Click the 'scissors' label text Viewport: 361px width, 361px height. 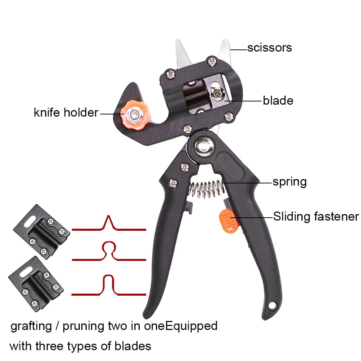269,48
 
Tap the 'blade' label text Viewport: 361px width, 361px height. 278,100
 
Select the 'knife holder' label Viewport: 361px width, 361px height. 66,113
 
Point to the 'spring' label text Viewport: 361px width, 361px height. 290,182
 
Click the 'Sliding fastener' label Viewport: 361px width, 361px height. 316,217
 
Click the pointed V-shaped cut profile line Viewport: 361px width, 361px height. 109,224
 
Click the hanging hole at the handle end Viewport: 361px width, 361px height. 273,306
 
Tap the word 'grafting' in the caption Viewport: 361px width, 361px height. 31,326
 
